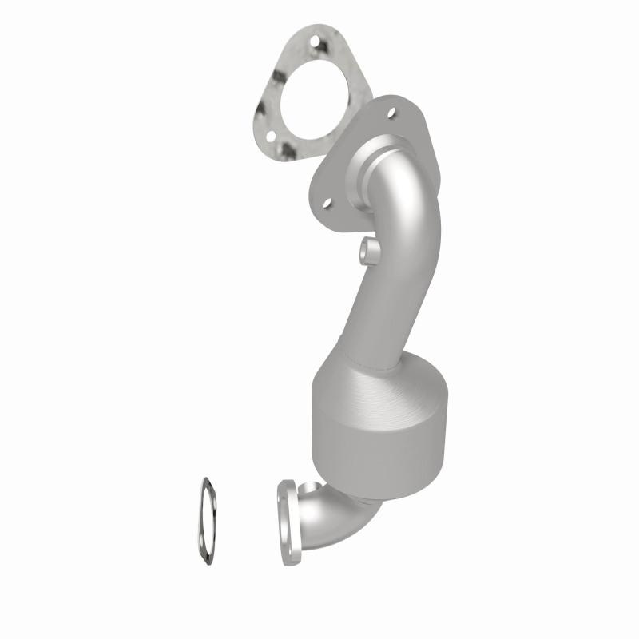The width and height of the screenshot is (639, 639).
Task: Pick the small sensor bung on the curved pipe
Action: (368, 252)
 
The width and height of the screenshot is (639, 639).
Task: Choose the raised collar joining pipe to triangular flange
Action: (375, 168)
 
